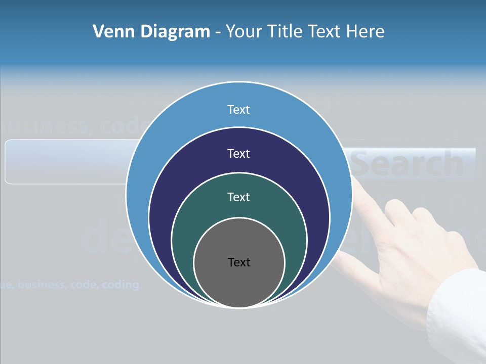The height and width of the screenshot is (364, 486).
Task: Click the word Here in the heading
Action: [366, 31]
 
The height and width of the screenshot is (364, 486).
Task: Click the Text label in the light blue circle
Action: [238, 109]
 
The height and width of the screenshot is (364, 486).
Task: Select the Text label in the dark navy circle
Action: [238, 153]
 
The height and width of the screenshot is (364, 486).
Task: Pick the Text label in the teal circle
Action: [238, 197]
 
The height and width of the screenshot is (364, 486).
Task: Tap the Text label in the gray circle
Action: [239, 262]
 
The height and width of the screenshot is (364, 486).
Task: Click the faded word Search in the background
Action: [408, 164]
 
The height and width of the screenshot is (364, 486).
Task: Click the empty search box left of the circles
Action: [66, 162]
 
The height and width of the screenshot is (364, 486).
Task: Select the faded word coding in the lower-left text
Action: [120, 285]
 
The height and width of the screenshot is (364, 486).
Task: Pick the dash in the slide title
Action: [218, 32]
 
